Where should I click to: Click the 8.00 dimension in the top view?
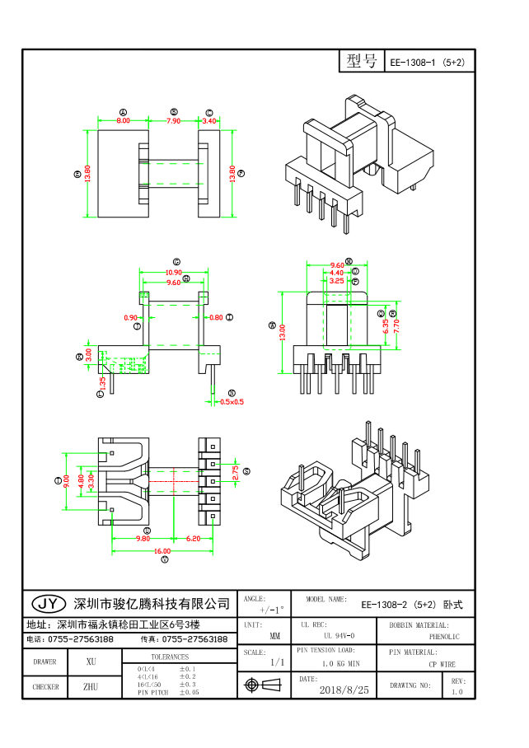123,121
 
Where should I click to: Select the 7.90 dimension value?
174,121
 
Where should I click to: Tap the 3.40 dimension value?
209,121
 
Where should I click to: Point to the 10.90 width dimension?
174,272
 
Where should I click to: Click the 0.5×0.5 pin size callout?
232,402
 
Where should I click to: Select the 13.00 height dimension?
283,332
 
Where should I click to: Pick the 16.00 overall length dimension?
162,550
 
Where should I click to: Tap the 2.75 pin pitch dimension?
235,472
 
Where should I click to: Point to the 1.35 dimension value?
102,382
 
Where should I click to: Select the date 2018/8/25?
344,689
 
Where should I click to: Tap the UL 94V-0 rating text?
339,636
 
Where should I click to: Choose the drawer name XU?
91,662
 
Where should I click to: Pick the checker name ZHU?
91,686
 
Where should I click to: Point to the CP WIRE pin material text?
442,664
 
